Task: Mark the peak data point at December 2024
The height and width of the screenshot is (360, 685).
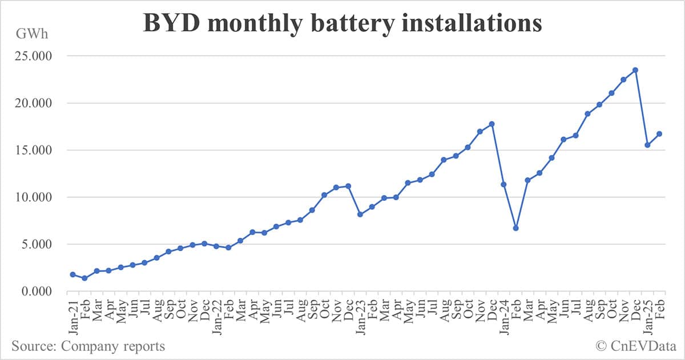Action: (635, 70)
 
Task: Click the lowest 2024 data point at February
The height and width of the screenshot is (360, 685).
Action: (515, 228)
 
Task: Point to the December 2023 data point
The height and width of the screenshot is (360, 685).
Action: (491, 124)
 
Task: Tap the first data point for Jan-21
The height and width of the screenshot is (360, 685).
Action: (72, 274)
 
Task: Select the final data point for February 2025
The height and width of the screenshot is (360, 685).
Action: (659, 134)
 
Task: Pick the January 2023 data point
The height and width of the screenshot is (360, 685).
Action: (360, 215)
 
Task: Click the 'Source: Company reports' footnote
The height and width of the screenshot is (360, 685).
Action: (88, 346)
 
